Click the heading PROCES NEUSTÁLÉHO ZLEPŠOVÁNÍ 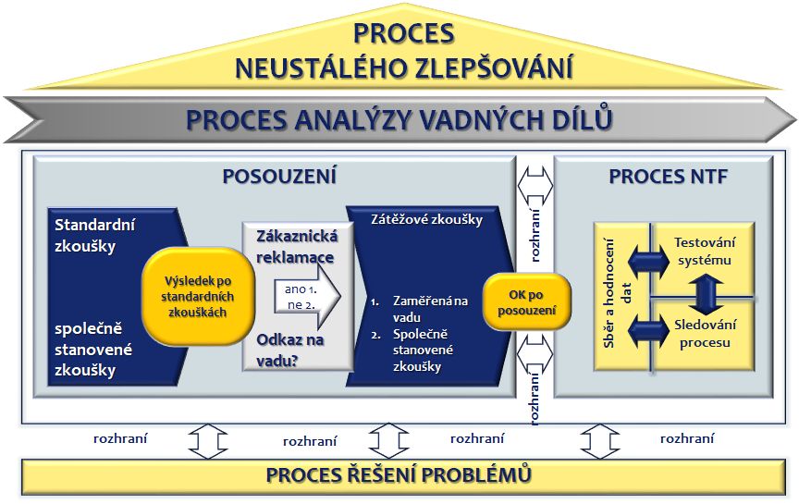tap(403, 51)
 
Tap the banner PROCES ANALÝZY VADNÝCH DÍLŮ tap(399, 119)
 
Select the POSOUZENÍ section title tap(279, 177)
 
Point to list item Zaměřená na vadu tap(429, 309)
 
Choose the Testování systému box tap(703, 251)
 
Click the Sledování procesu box tap(703, 335)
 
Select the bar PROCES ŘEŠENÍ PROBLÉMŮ tap(399, 475)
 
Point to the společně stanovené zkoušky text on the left tap(93, 350)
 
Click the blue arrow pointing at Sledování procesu tap(646, 328)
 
